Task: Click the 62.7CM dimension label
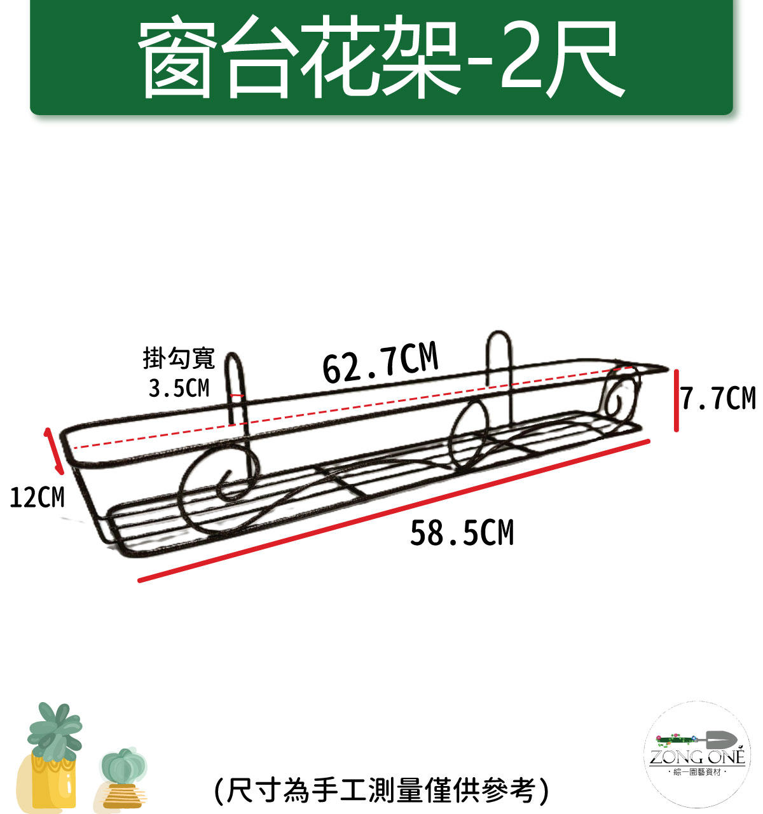(380, 363)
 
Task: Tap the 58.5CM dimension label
(462, 533)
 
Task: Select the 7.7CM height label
(718, 398)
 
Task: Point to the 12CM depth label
(38, 498)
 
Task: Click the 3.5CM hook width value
(179, 388)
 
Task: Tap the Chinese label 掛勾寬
(179, 358)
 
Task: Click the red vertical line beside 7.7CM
(676, 401)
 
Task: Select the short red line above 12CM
(53, 451)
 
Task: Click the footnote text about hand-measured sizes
(381, 790)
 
